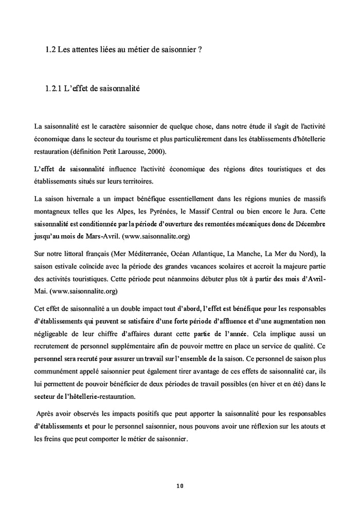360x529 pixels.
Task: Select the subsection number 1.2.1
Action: (53, 89)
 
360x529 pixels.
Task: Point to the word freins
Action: (57, 439)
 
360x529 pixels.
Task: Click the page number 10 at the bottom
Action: (179, 485)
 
